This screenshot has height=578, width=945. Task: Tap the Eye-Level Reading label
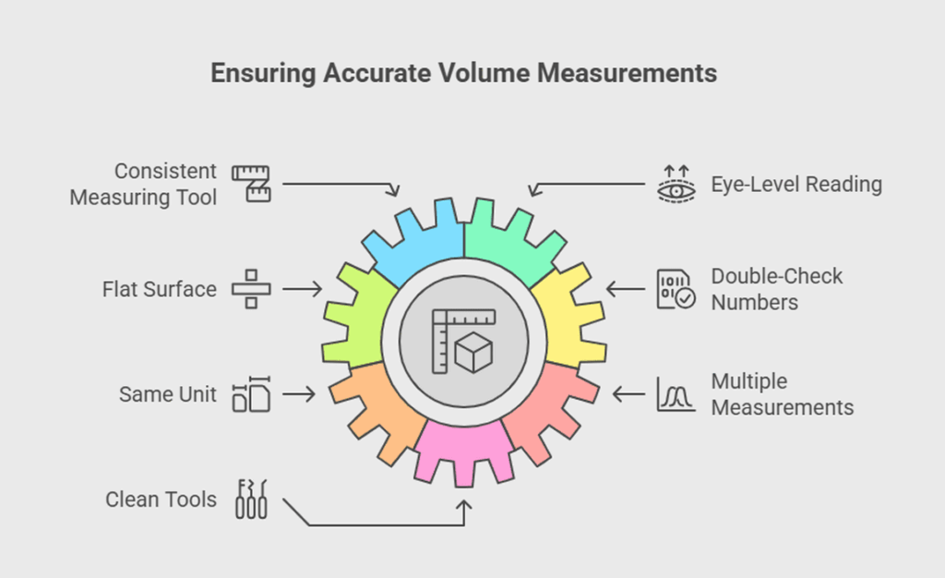795,185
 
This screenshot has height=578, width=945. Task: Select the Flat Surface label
159,289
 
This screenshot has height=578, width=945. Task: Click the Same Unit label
167,394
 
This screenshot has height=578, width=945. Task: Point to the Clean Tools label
161,500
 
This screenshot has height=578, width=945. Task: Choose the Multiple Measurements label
782,394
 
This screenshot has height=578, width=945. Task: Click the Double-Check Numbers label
776,289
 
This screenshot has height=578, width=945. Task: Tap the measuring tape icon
250,184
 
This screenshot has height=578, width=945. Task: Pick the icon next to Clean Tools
250,500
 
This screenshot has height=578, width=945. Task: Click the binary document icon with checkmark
675,289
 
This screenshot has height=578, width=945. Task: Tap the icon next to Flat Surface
250,289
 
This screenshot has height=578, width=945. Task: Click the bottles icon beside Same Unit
250,394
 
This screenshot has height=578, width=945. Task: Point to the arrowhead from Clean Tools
464,506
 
